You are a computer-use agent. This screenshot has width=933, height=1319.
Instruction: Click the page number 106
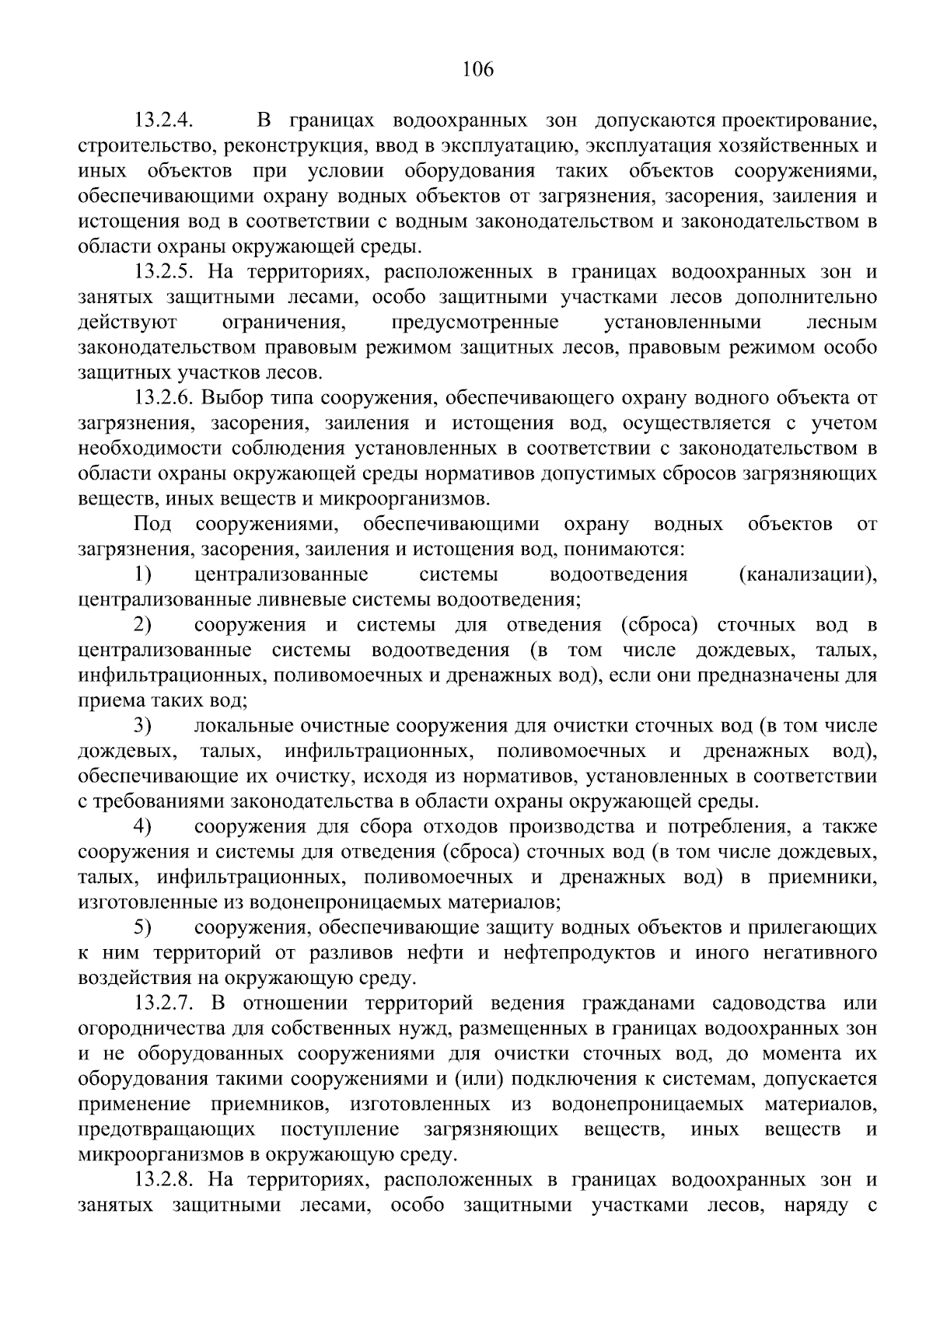[x=477, y=70]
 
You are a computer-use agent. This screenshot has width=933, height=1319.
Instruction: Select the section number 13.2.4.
[x=164, y=121]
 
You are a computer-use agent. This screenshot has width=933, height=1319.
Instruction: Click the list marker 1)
[x=142, y=575]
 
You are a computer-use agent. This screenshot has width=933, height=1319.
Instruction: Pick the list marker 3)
[x=142, y=726]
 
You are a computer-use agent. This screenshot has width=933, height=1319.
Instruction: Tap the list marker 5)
[x=142, y=928]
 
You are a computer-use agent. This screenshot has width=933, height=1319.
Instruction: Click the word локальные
[x=241, y=726]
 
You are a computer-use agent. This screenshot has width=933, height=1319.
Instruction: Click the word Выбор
[x=226, y=399]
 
